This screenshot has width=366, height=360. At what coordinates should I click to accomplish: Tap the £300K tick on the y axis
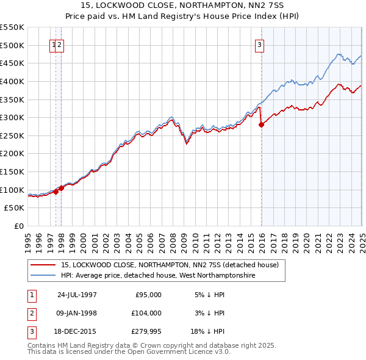click(x=13, y=117)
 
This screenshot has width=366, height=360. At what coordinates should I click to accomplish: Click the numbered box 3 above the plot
click(x=259, y=44)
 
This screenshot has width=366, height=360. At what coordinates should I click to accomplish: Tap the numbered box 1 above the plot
click(x=54, y=44)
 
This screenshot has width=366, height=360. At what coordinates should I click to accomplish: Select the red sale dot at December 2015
click(x=262, y=124)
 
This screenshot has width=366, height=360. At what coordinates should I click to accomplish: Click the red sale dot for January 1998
click(x=62, y=189)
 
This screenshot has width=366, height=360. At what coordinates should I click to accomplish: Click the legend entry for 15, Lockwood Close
click(x=170, y=265)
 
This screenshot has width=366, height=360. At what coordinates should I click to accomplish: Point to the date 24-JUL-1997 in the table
click(x=77, y=294)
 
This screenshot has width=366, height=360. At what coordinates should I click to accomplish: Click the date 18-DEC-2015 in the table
click(x=77, y=332)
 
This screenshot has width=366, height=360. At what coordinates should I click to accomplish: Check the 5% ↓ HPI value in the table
click(x=209, y=294)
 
